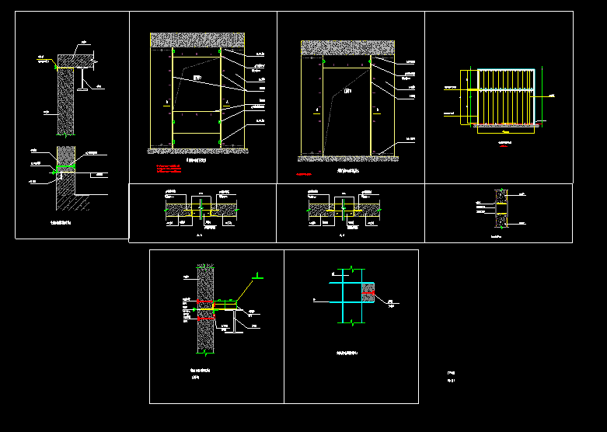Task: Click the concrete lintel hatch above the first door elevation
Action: pyautogui.click(x=197, y=40)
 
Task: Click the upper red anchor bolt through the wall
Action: pyautogui.click(x=206, y=302)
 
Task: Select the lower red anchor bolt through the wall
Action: pyautogui.click(x=206, y=317)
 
